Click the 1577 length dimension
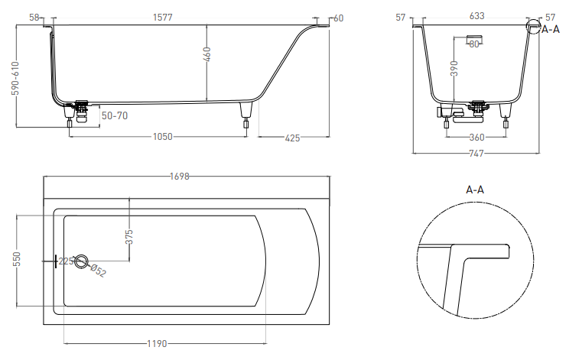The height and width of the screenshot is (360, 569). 163,17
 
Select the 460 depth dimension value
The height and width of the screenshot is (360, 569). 206,54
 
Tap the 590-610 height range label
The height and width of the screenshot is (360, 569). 15,78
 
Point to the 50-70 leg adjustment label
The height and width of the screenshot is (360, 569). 115,115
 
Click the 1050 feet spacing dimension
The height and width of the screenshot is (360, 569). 163,137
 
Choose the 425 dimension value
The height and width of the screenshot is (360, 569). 292,138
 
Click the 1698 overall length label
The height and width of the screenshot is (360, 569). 180,177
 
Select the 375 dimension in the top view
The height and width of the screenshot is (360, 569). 129,237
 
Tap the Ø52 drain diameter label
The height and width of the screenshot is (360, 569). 98,271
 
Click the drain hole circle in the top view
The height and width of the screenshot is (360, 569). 81,254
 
